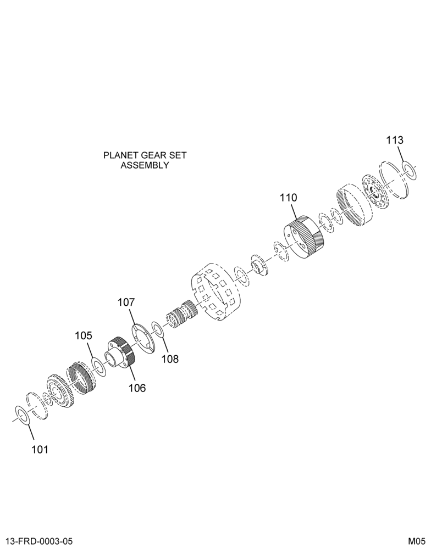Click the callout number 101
point(40,449)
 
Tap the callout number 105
point(84,336)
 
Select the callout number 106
point(137,388)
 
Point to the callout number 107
point(126,302)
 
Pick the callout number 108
point(170,359)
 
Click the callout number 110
point(288,198)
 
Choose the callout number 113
point(395,140)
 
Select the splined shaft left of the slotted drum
point(181,313)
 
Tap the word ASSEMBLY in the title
point(145,165)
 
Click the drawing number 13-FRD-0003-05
point(38,541)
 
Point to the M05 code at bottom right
point(417,541)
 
